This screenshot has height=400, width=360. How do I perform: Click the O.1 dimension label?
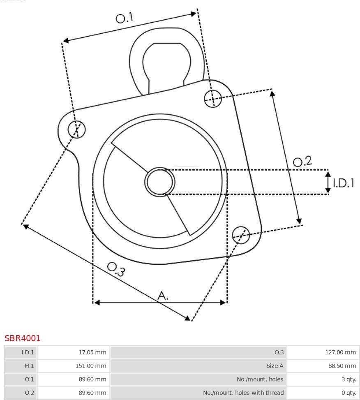[125, 18]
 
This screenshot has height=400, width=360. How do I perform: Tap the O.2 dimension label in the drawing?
[302, 161]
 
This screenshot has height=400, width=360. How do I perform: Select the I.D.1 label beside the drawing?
[344, 183]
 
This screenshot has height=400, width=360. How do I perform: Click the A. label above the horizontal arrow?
[163, 296]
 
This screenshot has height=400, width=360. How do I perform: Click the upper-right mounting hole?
[213, 99]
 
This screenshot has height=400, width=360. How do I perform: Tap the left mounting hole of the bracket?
[77, 129]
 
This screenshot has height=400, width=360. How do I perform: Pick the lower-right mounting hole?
[241, 235]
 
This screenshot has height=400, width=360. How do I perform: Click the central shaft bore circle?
[160, 182]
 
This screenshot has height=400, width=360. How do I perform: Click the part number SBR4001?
[23, 338]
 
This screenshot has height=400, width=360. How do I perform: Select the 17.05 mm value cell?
[92, 352]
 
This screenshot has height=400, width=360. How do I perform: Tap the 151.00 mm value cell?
[91, 366]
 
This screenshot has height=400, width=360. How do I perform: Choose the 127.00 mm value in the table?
[340, 352]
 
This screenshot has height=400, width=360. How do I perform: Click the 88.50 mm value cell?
[342, 366]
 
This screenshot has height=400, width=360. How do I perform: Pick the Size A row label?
[275, 366]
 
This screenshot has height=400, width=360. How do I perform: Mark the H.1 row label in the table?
[29, 366]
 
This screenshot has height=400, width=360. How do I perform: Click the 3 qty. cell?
[349, 379]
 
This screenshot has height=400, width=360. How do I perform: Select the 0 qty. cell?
[349, 393]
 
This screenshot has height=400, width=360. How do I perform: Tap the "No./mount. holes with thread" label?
[243, 393]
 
